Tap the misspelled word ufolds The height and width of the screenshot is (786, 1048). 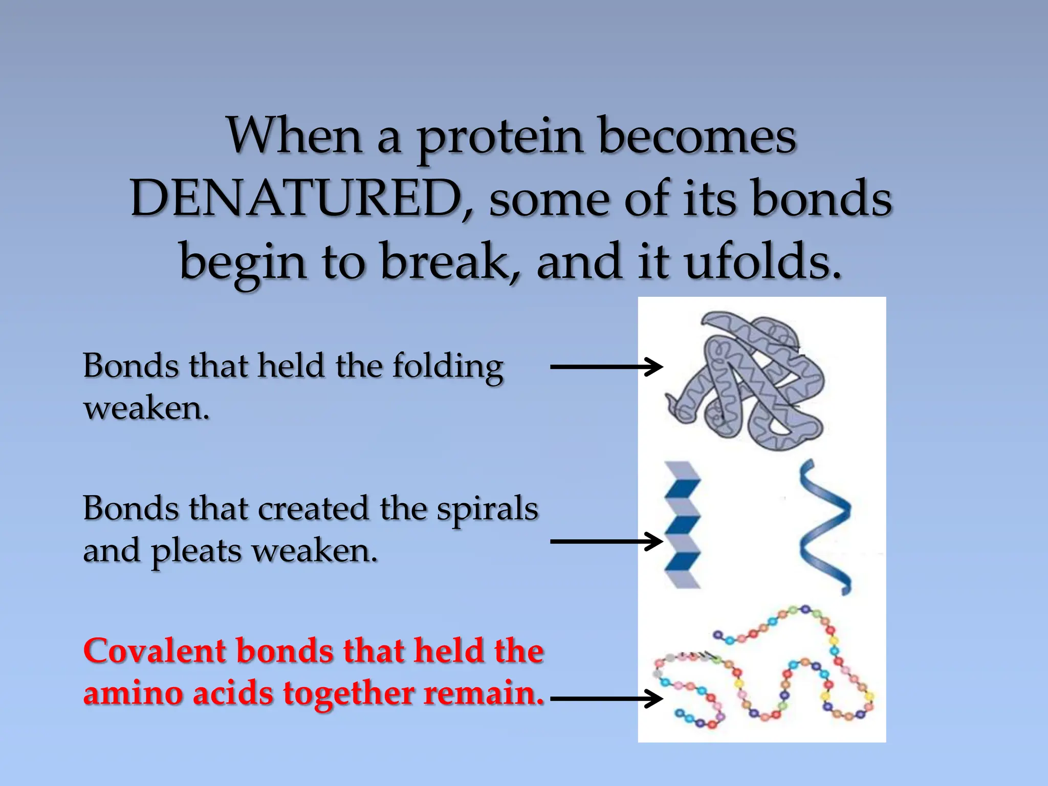pyautogui.click(x=762, y=262)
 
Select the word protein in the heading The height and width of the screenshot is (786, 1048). pyautogui.click(x=500, y=137)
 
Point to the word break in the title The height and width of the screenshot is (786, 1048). pyautogui.click(x=450, y=262)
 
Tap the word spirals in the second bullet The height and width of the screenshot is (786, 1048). pyautogui.click(x=487, y=509)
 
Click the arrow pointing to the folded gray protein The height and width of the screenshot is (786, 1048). pyautogui.click(x=606, y=367)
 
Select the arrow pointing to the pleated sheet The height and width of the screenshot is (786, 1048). pyautogui.click(x=606, y=541)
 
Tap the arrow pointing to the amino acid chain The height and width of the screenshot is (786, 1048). pyautogui.click(x=606, y=698)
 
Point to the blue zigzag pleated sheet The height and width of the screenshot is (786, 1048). pyautogui.click(x=682, y=525)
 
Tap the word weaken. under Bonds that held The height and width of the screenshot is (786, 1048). pyautogui.click(x=147, y=409)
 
